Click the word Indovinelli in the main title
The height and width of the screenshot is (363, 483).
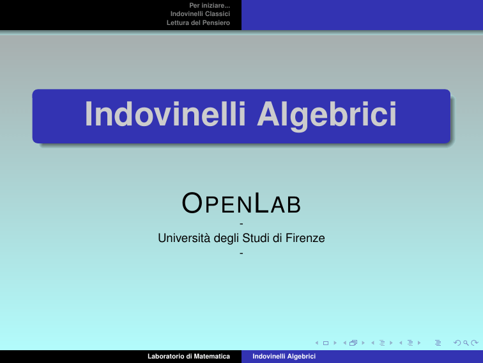point(165,113)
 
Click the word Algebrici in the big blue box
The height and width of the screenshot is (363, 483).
point(327,116)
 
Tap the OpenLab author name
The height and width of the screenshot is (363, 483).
point(241,203)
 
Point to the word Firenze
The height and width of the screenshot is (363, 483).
point(305,238)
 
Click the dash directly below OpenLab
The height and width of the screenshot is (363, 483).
point(241,223)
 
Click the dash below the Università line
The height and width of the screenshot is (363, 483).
point(241,253)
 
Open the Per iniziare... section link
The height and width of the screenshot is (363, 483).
point(210,5)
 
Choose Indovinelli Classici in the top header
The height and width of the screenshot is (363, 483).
point(200,14)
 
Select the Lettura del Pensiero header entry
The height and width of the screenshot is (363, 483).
point(198,22)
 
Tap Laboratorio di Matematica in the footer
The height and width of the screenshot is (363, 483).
point(188,356)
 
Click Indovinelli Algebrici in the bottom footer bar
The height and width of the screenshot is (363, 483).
point(284,356)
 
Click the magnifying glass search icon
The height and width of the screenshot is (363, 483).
point(466,343)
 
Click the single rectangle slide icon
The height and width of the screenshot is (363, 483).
point(326,343)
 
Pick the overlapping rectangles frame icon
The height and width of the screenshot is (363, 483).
point(353,343)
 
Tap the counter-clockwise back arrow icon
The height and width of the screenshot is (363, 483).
point(457,343)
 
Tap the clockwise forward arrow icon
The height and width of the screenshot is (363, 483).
point(475,343)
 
